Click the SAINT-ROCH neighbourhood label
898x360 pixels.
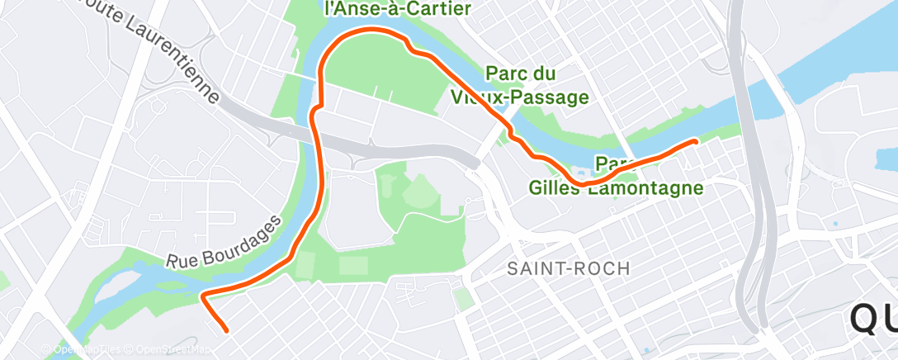tap(569, 268)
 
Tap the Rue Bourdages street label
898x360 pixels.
tap(224, 240)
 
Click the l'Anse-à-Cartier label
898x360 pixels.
tap(397, 10)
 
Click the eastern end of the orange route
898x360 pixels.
tap(696, 141)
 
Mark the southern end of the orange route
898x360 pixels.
tap(225, 331)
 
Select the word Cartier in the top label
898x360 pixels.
tap(438, 10)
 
